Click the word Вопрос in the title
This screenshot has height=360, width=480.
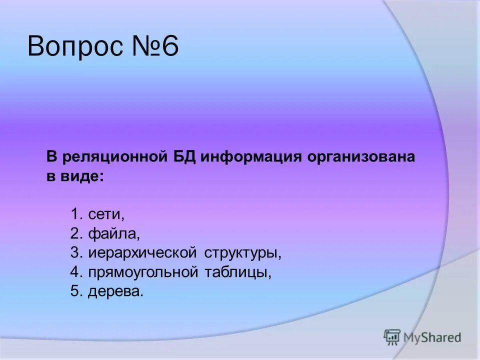coord(74,48)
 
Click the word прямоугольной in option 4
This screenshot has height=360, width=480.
coord(144,273)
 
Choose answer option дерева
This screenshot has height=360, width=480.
coord(115,292)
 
